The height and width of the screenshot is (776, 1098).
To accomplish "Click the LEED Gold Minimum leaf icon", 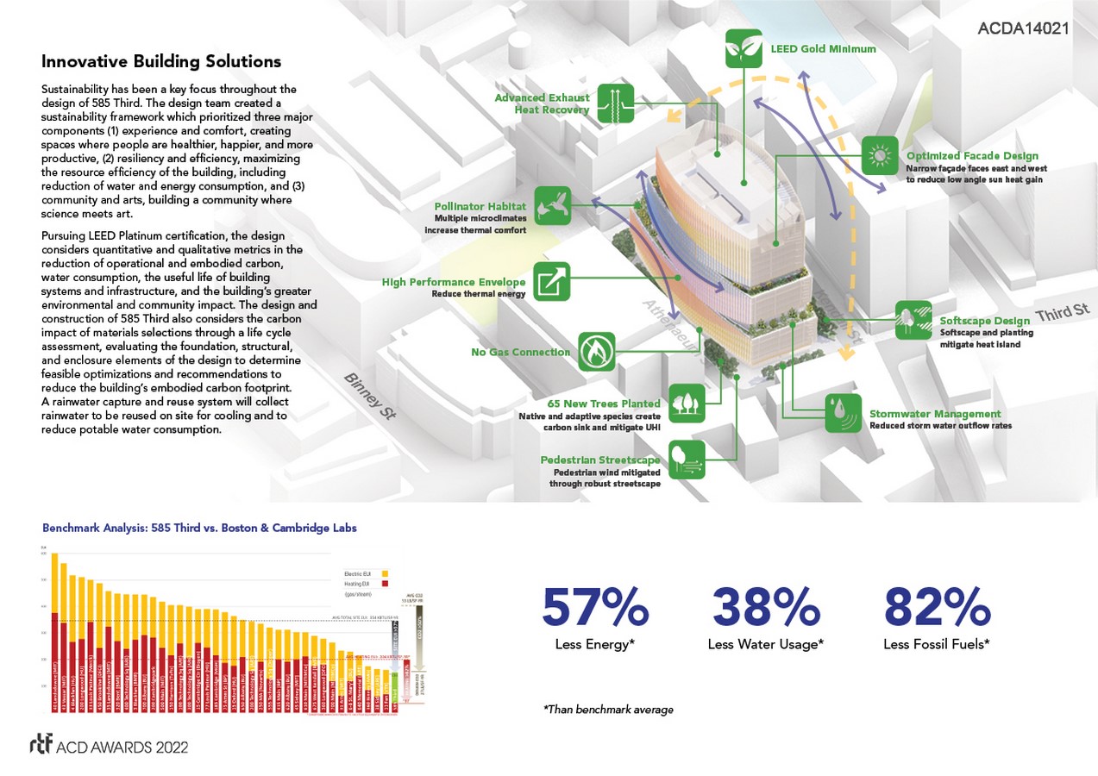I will (x=743, y=48).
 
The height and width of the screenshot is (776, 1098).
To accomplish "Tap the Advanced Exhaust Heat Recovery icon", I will (x=615, y=103).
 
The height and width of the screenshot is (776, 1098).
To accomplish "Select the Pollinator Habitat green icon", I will (x=553, y=205).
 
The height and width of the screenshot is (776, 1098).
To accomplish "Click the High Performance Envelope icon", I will (x=551, y=281).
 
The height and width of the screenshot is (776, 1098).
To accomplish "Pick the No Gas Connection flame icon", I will (x=596, y=351).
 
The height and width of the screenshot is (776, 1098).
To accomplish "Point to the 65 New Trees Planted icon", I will (x=687, y=402).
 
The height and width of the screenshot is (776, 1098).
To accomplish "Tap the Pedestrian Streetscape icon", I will (x=687, y=459).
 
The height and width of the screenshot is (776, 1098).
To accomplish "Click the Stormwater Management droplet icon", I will (x=842, y=413).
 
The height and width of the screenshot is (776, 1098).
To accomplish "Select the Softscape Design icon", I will (x=913, y=320).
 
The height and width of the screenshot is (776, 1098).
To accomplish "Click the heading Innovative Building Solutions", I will (x=161, y=62).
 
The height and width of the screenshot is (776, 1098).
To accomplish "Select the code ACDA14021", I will (x=1024, y=28).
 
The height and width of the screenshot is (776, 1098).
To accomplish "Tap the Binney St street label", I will (x=370, y=396).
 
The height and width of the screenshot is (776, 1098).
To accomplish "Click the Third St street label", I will (x=1062, y=313).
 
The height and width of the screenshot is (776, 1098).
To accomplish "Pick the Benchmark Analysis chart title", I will (x=199, y=528).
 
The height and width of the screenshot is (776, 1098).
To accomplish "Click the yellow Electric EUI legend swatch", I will (x=384, y=573).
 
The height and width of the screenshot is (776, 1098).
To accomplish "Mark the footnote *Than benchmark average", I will (x=607, y=710).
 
